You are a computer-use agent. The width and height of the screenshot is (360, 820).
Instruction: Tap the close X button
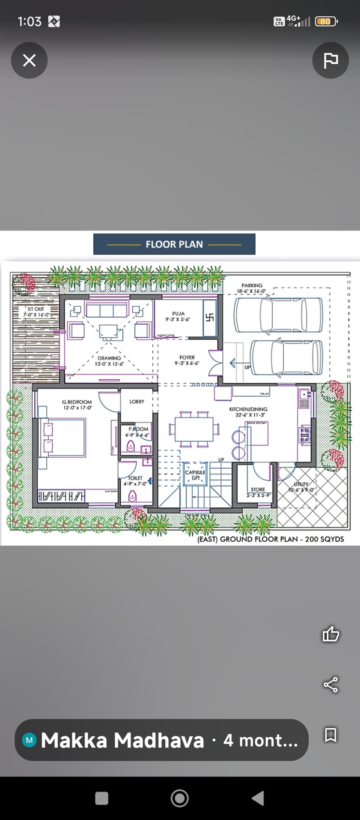tap(29, 60)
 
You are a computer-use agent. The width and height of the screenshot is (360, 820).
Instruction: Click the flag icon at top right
tap(331, 60)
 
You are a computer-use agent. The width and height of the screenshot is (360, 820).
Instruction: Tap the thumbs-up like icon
tap(331, 634)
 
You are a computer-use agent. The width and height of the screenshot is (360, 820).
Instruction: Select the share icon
tap(331, 684)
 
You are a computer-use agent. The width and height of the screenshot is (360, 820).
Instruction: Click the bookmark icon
tap(331, 735)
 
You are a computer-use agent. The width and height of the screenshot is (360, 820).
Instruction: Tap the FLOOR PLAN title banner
tap(174, 245)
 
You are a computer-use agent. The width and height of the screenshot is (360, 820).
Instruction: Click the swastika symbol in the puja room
tap(210, 318)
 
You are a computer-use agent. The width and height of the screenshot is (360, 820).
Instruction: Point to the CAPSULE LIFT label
tap(195, 475)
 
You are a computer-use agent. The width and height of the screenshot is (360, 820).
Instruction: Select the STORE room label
tap(258, 489)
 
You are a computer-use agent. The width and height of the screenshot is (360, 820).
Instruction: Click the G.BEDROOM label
tap(76, 402)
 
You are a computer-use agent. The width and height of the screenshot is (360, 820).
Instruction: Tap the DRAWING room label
tap(109, 359)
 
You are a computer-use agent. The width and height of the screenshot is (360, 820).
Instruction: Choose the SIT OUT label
tap(36, 309)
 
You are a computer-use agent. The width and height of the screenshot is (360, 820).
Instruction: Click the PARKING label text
tap(252, 286)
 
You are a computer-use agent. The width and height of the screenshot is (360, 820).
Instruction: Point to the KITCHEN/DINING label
tap(248, 409)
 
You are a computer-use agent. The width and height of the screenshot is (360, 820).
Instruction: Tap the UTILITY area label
tap(301, 484)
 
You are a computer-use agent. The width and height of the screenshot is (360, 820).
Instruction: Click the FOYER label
tap(187, 358)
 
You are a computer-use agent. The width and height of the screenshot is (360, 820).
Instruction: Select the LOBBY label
tap(137, 402)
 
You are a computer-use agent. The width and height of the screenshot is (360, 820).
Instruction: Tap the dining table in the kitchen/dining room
tap(193, 429)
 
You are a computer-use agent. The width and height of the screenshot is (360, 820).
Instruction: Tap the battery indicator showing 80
tap(325, 21)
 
